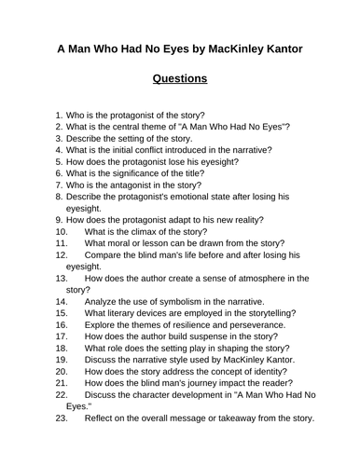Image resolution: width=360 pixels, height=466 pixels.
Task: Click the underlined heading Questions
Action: point(180,78)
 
